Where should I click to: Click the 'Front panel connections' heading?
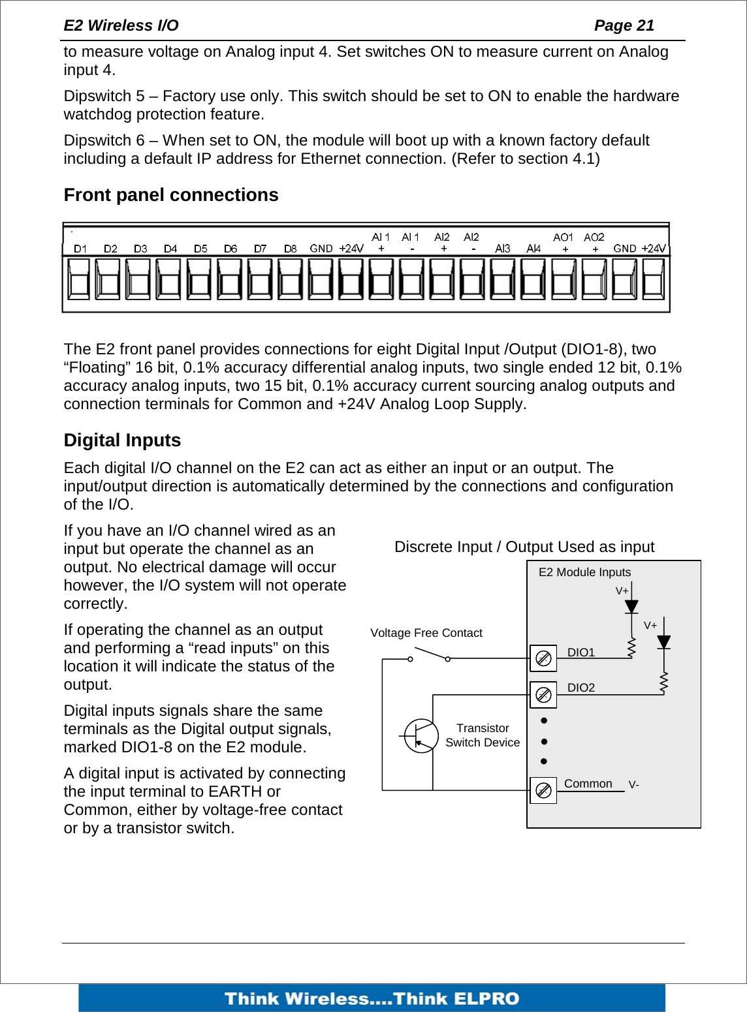click(171, 195)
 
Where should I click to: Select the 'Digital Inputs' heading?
click(122, 440)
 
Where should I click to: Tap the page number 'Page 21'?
click(624, 25)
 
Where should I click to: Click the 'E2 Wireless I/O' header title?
click(121, 25)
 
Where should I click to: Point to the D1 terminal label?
click(80, 249)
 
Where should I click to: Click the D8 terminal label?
click(291, 249)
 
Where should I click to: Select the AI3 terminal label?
click(502, 249)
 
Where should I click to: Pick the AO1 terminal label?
click(563, 238)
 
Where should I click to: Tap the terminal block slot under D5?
click(200, 279)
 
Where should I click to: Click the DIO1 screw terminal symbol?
click(543, 658)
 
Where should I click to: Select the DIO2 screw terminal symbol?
click(543, 695)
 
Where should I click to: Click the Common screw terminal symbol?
click(543, 791)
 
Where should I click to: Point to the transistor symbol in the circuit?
click(421, 736)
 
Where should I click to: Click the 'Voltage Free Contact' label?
click(426, 633)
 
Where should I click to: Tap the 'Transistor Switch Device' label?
click(483, 735)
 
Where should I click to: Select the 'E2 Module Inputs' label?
click(584, 572)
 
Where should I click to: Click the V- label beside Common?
click(633, 784)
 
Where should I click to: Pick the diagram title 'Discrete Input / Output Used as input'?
click(524, 547)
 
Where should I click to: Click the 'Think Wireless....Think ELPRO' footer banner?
click(372, 998)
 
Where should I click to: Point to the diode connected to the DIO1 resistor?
click(631, 607)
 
